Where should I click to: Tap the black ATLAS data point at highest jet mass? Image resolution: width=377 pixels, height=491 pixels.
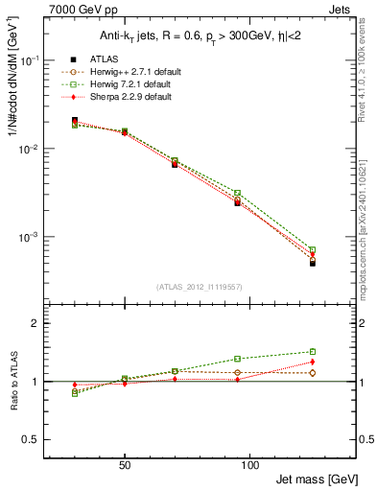313,262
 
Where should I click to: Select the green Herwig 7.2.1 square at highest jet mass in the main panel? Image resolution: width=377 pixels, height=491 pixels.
313,249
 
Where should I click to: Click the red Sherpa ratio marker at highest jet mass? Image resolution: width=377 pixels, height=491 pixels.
313,362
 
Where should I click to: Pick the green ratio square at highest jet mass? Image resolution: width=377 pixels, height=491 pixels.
313,351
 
